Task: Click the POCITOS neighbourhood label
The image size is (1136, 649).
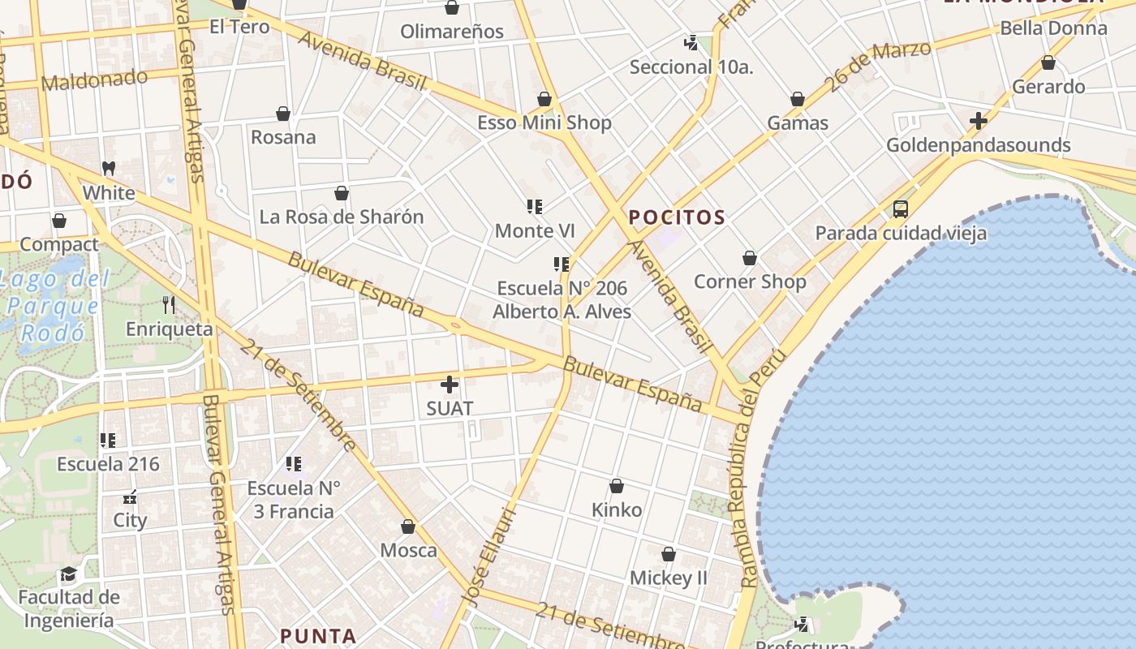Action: point(677,217)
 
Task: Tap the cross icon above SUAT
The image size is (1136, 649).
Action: point(450,385)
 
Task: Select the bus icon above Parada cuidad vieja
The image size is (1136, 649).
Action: point(901,209)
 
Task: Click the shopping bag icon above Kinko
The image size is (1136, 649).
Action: point(617,486)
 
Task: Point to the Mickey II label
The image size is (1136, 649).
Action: point(669,578)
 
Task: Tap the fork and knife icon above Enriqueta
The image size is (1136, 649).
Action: point(169,305)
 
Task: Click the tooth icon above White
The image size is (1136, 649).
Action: point(109,169)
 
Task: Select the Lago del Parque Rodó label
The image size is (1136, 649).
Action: point(53,307)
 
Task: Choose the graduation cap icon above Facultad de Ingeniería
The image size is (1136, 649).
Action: point(69,574)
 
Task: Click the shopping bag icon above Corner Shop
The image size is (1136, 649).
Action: point(750,258)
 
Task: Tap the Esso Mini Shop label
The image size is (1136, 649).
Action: point(544,123)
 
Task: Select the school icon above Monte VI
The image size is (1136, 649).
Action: point(534,207)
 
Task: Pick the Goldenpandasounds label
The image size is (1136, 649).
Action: point(978,145)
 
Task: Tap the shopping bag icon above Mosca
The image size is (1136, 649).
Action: point(408,527)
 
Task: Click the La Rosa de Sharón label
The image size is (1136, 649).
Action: point(342,217)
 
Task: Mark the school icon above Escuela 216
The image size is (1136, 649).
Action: point(108,441)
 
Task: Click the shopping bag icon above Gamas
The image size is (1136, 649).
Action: point(798,99)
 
